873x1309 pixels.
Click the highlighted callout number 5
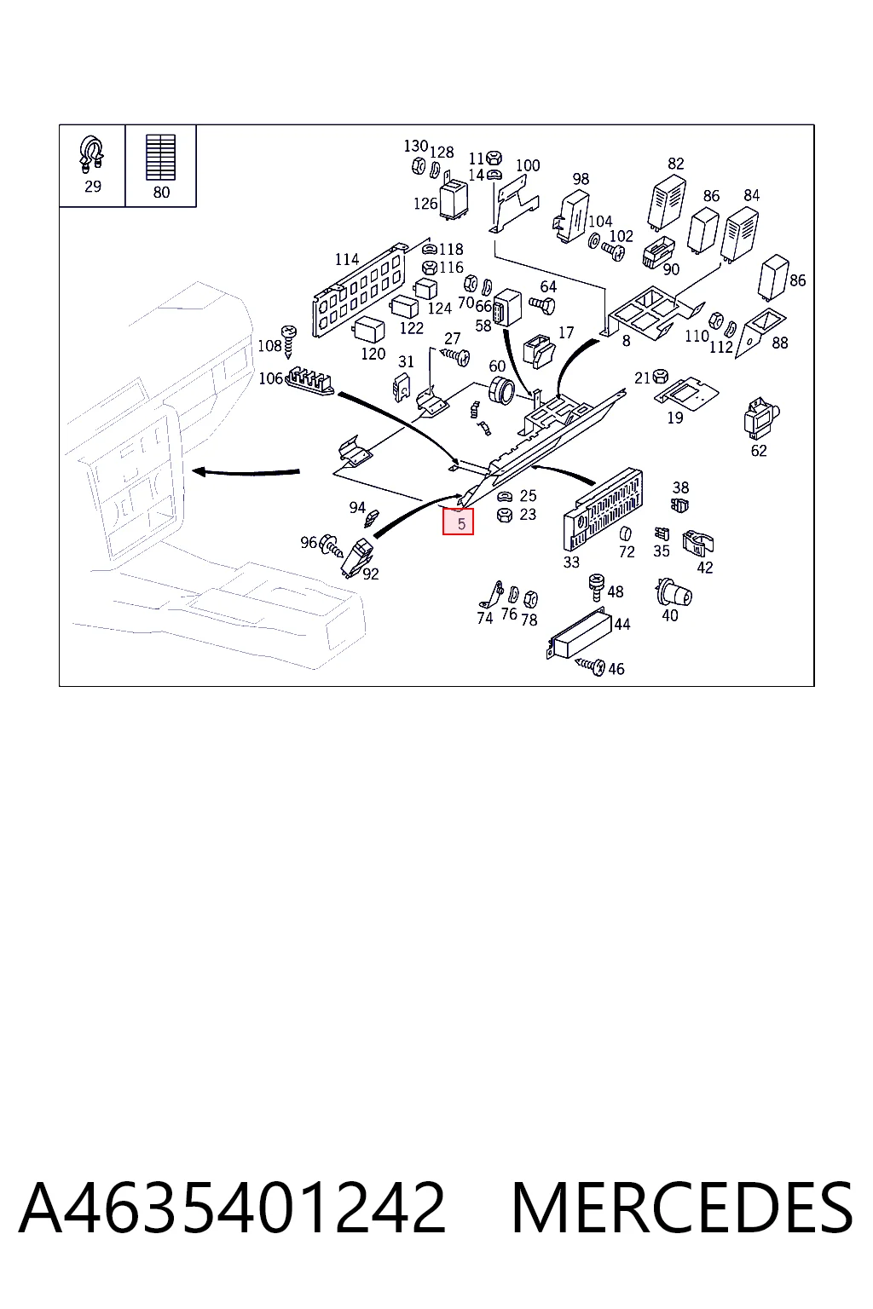coord(460,523)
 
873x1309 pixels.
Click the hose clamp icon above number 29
coord(92,154)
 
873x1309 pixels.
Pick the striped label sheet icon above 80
coord(161,157)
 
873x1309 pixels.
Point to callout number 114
coord(347,259)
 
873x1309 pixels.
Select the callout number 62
coord(759,451)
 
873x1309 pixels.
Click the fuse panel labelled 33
coord(603,508)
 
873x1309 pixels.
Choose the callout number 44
coord(622,624)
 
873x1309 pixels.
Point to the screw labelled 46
coord(590,666)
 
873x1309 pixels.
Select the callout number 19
coord(674,418)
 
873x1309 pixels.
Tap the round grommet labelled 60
coord(501,389)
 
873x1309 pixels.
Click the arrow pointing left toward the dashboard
coord(246,471)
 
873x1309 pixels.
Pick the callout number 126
coord(425,204)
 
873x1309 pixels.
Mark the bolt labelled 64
coord(542,304)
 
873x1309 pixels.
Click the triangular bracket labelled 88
coord(760,332)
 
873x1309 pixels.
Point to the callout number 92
coord(371,574)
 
